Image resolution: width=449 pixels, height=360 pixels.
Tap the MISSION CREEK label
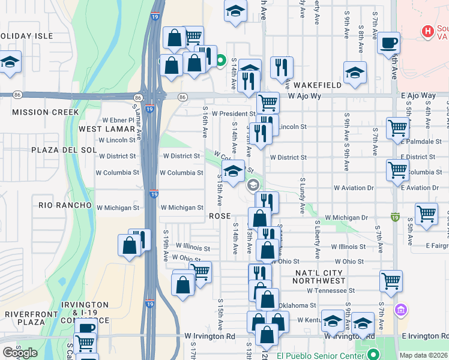(45, 112)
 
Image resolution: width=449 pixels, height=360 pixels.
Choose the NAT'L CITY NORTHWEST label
(312, 276)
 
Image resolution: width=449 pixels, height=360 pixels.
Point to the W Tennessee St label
(331, 290)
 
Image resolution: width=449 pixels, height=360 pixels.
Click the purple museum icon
(400, 310)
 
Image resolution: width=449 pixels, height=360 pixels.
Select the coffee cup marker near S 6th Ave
(389, 43)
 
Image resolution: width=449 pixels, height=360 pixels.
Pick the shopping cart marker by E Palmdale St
(397, 128)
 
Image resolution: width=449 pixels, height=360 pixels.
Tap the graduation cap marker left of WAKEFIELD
(355, 73)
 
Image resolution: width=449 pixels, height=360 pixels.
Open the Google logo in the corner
(20, 353)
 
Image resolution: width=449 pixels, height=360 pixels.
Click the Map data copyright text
(423, 355)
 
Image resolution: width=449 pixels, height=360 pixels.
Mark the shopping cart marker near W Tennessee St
(391, 280)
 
